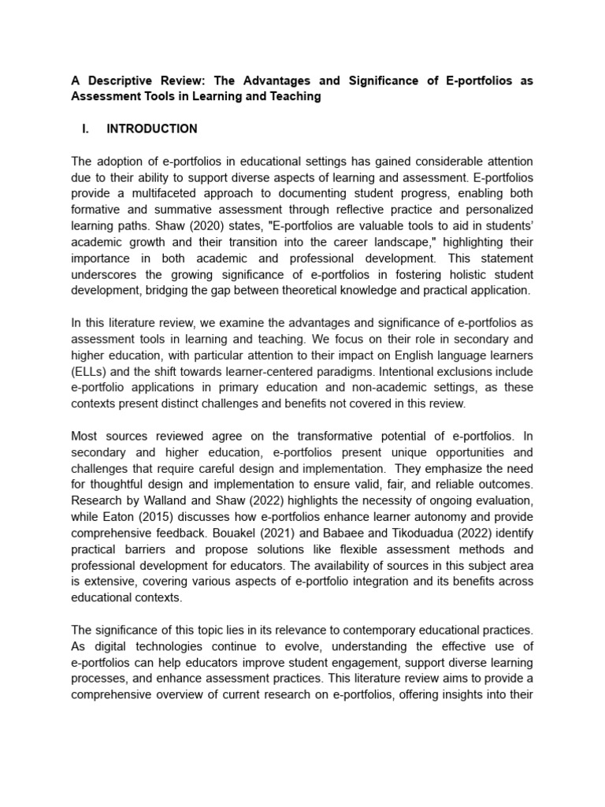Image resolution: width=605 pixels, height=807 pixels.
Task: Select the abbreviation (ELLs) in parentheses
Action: [92, 370]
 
